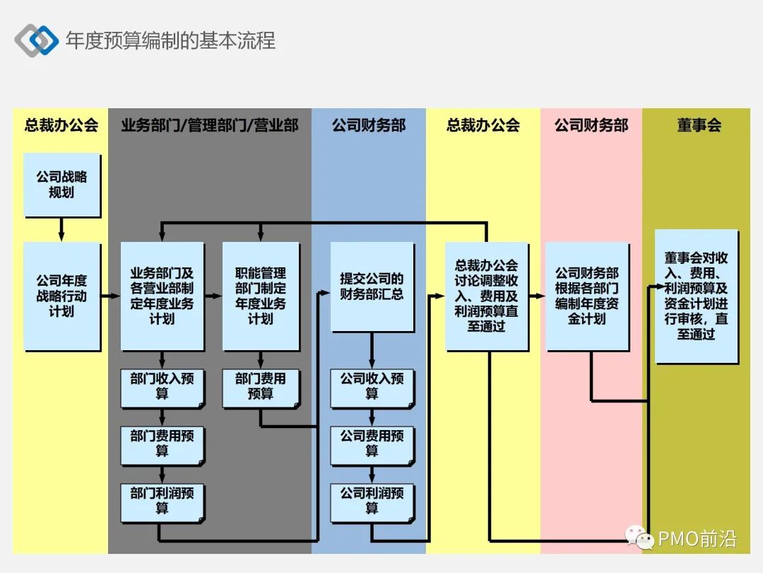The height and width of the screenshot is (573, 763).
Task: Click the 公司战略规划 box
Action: pos(61,185)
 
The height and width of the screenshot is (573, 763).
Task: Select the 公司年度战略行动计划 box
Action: pos(61,296)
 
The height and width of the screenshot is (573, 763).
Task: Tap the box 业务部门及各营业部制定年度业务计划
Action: pos(162,296)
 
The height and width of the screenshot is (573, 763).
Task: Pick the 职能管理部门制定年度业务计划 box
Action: pos(261,296)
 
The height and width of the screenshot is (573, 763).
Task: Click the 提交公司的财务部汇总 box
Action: pos(372,286)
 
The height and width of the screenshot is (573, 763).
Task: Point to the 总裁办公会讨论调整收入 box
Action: pos(486,296)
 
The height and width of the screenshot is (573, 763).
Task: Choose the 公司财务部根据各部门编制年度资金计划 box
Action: pos(587,296)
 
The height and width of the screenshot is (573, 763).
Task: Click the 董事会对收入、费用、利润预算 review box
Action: pos(696,296)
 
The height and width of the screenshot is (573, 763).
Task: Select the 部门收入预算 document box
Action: pos(162,388)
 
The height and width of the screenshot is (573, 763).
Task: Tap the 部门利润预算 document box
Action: pos(162,501)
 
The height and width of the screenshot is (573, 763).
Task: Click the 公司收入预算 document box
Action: pos(372,388)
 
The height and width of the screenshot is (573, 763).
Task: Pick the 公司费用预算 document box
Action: pos(372,445)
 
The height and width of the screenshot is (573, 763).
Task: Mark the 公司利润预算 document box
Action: pos(372,501)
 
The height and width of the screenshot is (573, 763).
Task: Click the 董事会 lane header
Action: pos(699,126)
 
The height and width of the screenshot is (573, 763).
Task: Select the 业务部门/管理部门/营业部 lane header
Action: pos(210,126)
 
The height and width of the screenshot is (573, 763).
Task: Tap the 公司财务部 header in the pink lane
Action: pos(591,126)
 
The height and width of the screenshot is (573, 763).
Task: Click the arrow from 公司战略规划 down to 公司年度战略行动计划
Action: pos(61,229)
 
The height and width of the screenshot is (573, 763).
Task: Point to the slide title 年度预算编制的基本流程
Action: pos(170,40)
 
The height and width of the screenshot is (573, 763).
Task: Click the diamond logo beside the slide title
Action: pos(36,40)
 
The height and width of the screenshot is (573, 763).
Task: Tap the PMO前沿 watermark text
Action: pos(697,540)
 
